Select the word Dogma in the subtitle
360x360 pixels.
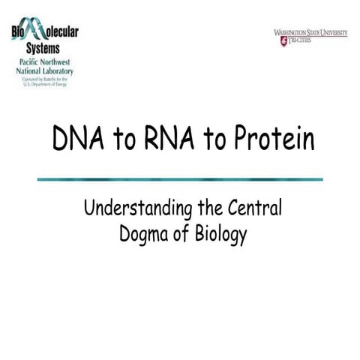[144, 234]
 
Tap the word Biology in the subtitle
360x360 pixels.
[218, 235]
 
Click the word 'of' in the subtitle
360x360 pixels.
[180, 234]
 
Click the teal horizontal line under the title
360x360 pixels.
[180, 179]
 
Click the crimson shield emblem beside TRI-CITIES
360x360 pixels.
[283, 41]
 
